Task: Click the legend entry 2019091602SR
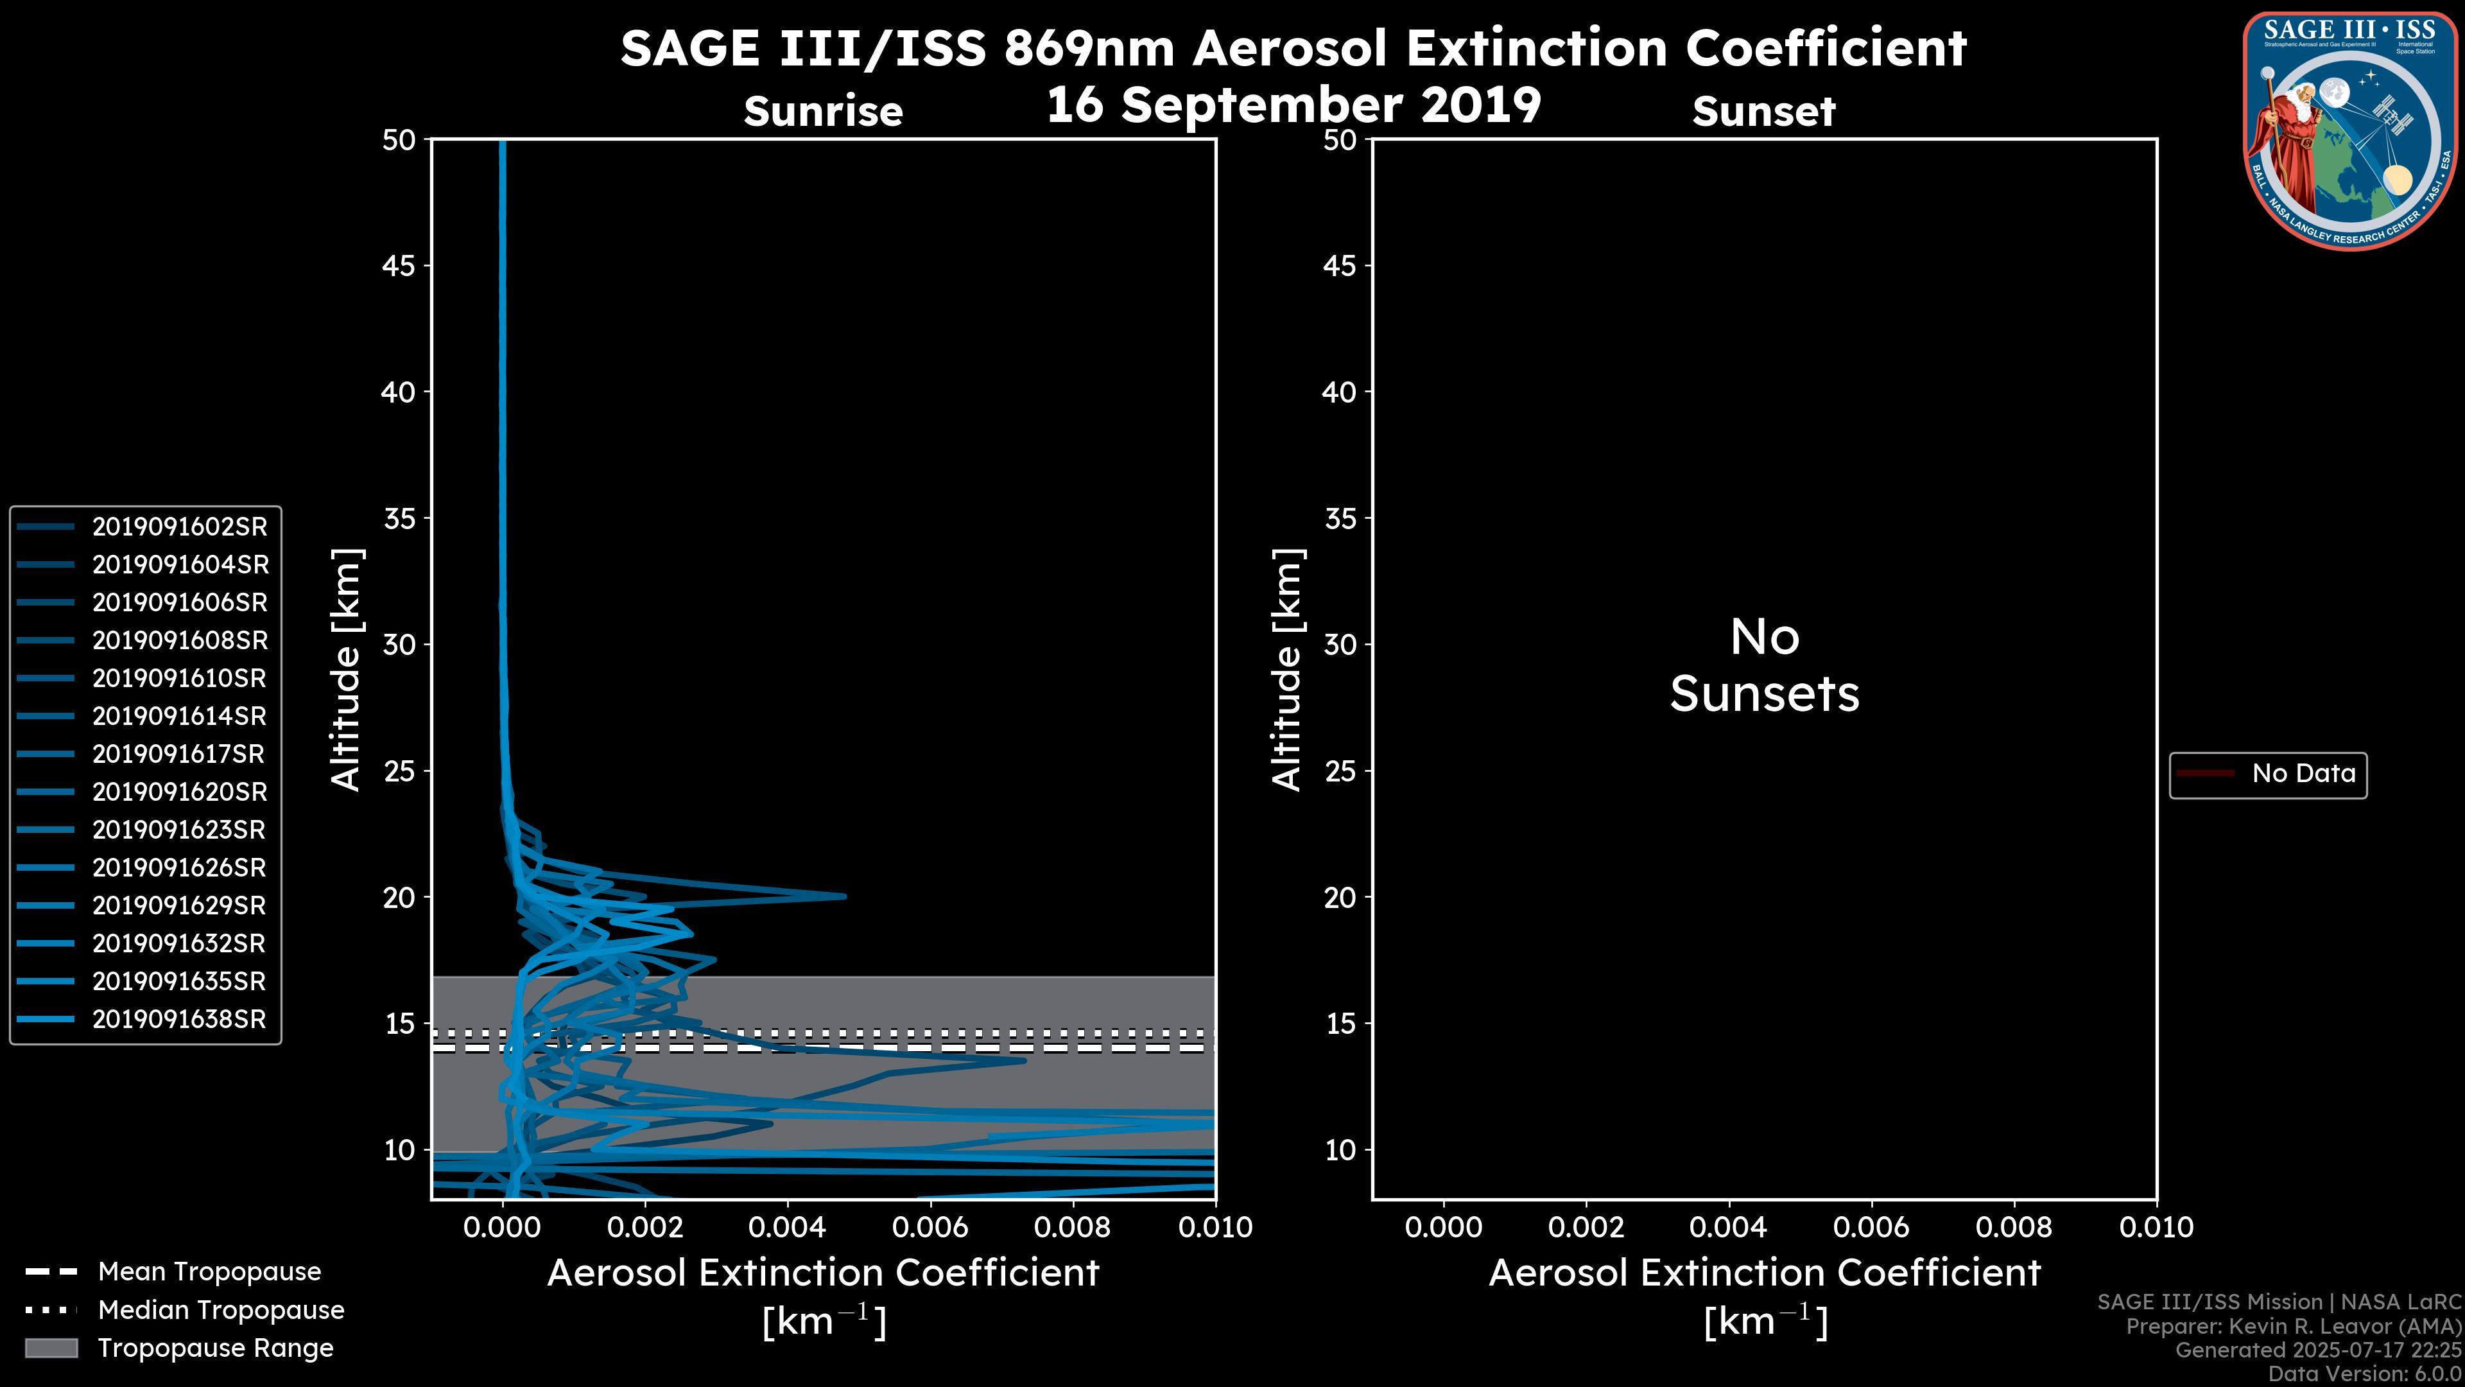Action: tap(179, 527)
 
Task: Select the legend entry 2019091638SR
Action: tap(179, 1020)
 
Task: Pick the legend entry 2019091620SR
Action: tap(179, 792)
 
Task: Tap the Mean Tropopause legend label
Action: tap(209, 1271)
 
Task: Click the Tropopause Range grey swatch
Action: tap(51, 1348)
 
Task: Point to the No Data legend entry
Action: tap(2303, 773)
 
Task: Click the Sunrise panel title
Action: tap(823, 111)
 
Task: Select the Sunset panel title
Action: tap(1763, 111)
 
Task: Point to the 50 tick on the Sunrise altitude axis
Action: tap(399, 140)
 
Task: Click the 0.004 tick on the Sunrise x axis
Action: tap(788, 1227)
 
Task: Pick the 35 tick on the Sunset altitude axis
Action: tap(1340, 518)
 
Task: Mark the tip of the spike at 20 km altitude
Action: tap(845, 896)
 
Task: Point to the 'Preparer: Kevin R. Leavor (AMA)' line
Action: tap(2293, 1326)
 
